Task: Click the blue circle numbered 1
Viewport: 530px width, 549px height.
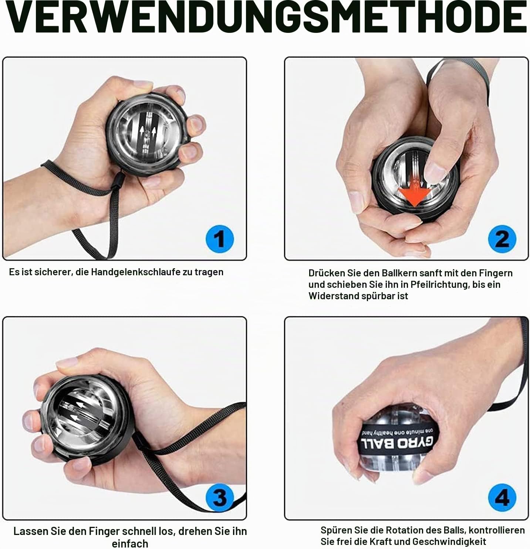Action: point(220,239)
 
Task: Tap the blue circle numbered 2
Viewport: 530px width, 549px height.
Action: point(502,239)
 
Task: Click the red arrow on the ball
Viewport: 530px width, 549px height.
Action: point(414,192)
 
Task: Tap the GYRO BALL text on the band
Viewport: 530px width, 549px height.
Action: point(398,444)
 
